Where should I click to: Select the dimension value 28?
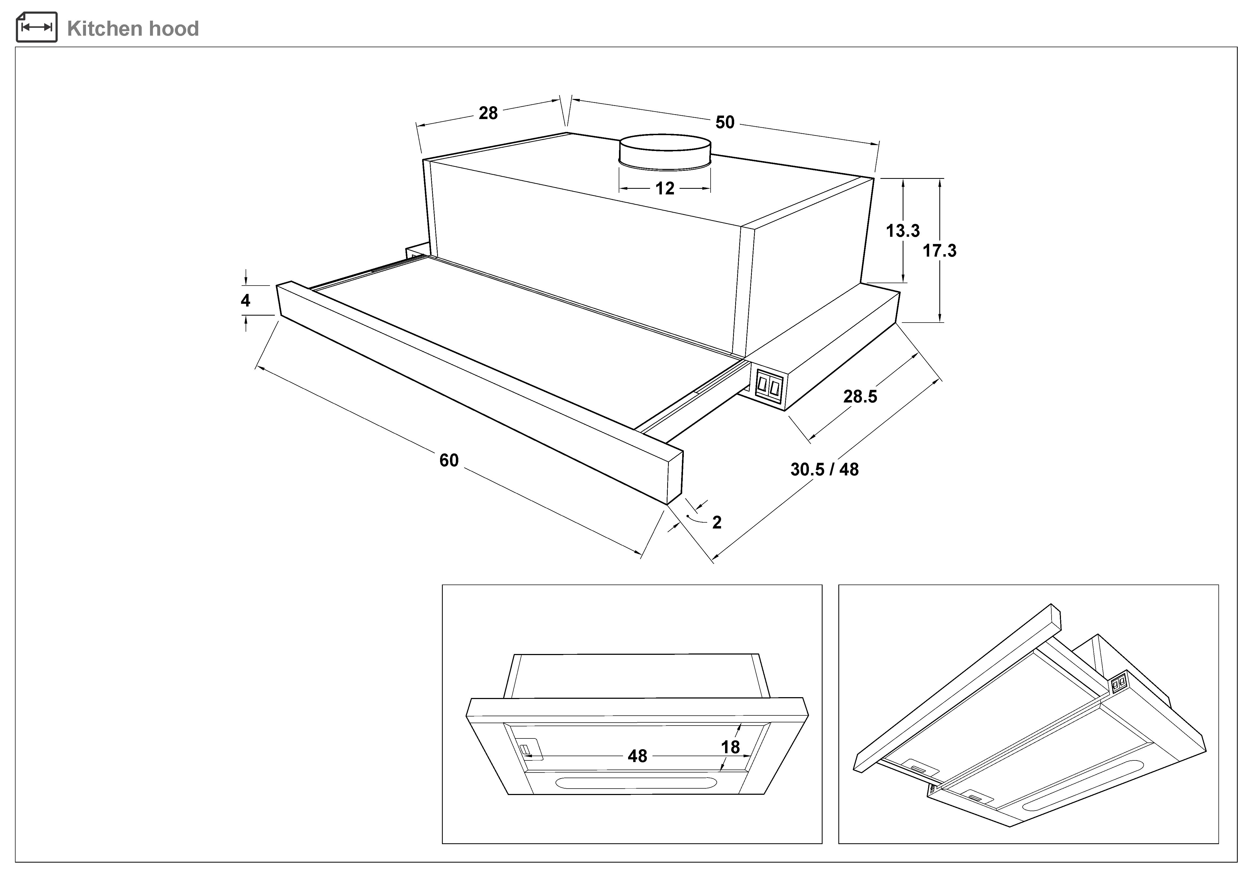(488, 113)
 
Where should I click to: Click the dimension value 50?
(725, 122)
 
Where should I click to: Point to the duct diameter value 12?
(665, 189)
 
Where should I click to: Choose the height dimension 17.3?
(939, 251)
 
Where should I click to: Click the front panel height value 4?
(246, 300)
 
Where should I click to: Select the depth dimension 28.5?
(860, 397)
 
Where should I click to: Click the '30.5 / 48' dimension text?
(824, 469)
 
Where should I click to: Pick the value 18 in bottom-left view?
(730, 747)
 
